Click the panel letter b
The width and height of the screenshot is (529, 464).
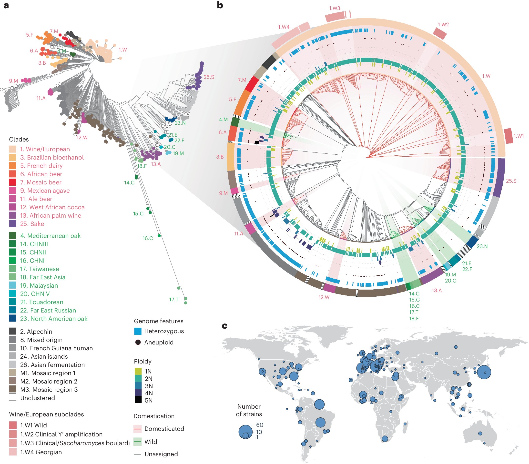pos(220,5)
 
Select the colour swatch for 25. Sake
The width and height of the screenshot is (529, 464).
pos(12,224)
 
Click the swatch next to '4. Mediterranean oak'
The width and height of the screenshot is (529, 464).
pos(12,235)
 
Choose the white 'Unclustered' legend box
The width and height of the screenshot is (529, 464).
pos(12,397)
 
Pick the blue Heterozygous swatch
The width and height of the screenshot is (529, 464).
pos(138,331)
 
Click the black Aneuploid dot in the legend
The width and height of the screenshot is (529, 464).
pos(138,342)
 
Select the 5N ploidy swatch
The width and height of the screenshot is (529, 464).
pos(138,400)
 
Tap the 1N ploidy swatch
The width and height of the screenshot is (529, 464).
pos(138,371)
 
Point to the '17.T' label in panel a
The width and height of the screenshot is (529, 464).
pos(174,299)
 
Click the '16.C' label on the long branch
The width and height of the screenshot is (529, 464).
pos(148,238)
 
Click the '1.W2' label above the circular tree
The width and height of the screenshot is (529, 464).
pos(443,25)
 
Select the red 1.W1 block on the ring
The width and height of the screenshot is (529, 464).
pos(509,136)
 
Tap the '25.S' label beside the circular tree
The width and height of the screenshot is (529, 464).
pos(511,181)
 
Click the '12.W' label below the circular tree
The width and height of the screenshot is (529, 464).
pos(324,297)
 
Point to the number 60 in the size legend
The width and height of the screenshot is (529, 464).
pos(260,425)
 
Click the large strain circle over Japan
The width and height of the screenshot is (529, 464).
pos(484,372)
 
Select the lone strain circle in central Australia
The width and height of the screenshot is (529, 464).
pos(480,433)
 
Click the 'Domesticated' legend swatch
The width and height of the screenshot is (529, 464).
pos(137,429)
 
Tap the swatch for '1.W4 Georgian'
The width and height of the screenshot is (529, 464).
pos(12,452)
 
